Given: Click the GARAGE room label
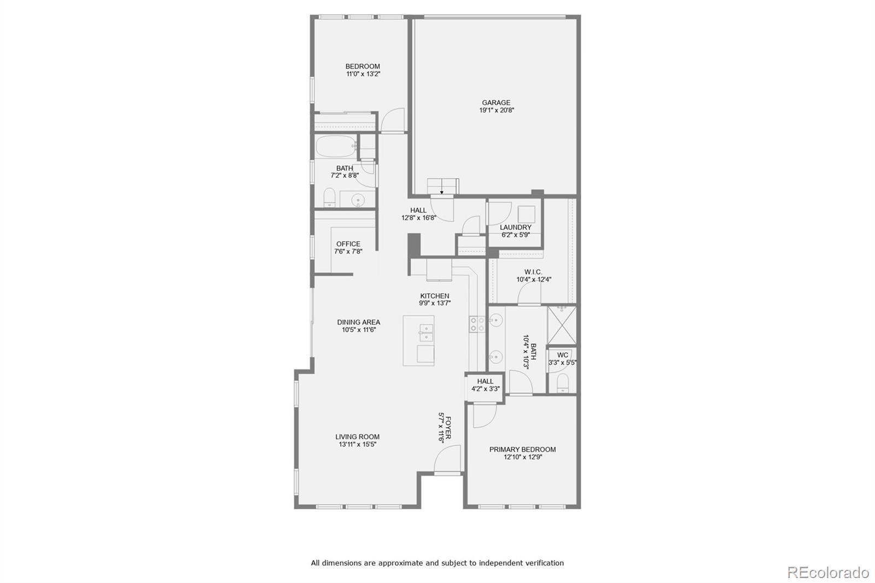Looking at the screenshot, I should (496, 102).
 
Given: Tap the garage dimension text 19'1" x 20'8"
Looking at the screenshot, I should (497, 110).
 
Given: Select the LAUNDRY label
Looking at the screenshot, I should (515, 227).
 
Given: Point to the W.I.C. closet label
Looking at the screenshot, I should (533, 272).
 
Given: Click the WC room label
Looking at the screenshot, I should (562, 355).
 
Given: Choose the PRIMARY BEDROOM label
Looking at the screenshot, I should (522, 450).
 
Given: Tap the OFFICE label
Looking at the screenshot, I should (348, 244).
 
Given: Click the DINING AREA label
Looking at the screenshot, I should (358, 322).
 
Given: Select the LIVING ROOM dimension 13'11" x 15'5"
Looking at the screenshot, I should (357, 445).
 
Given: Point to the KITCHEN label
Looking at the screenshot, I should (435, 296).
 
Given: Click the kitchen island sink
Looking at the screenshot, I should (426, 333).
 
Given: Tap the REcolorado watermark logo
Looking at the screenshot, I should (827, 572).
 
